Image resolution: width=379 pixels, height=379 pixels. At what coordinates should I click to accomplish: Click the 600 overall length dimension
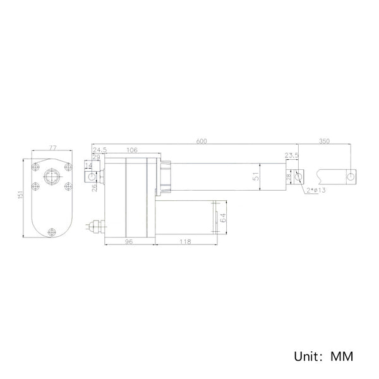coord(202,141)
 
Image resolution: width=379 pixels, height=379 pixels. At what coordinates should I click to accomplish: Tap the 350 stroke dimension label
coord(324,141)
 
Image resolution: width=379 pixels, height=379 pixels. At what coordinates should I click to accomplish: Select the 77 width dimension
coord(52,148)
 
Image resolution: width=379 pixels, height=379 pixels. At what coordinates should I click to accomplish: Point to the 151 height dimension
coord(20,195)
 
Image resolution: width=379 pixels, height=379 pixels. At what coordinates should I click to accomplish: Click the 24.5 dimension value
coord(100,150)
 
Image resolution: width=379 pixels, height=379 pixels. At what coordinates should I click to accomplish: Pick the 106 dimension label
coord(132,150)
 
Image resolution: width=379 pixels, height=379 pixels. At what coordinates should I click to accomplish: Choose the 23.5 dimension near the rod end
coord(291,155)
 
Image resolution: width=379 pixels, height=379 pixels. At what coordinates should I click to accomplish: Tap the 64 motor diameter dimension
coord(223,217)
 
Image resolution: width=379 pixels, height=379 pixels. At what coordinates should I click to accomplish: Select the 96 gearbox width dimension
coord(129,241)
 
